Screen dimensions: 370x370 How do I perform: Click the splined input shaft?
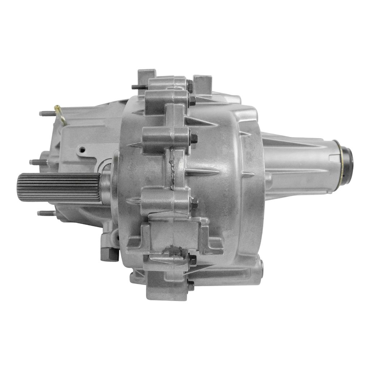pyautogui.click(x=58, y=187)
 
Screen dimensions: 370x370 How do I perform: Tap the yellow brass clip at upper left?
pyautogui.click(x=61, y=114)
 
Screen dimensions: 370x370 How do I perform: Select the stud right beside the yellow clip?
pyautogui.click(x=47, y=113)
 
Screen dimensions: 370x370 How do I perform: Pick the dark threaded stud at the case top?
pyautogui.click(x=139, y=87)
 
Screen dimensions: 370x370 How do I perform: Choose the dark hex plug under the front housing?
pyautogui.click(x=109, y=254)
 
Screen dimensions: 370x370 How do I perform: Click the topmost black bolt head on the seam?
pyautogui.click(x=190, y=86)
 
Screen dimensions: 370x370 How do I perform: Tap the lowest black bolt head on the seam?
pyautogui.click(x=190, y=286)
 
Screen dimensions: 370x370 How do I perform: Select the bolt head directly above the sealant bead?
pyautogui.click(x=193, y=138)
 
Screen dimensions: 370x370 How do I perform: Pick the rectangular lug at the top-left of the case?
pyautogui.click(x=146, y=78)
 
